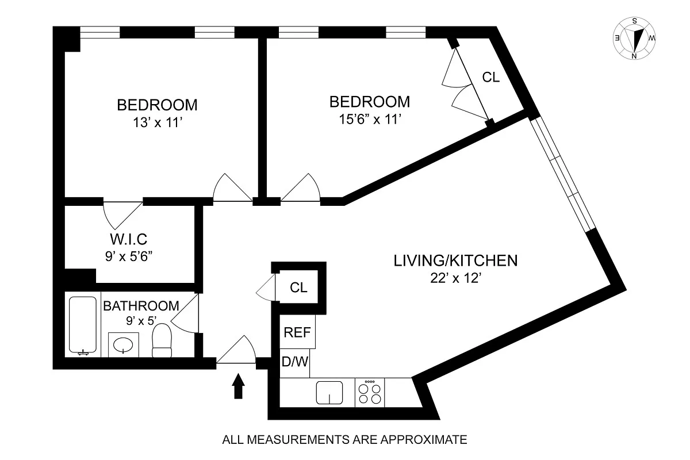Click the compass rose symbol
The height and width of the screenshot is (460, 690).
click(635, 39)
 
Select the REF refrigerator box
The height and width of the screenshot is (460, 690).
click(297, 332)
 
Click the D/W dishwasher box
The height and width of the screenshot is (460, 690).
click(295, 363)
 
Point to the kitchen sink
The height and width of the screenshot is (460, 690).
click(329, 393)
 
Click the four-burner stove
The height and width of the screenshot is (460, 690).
click(370, 393)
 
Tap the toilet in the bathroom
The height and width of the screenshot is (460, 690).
click(162, 341)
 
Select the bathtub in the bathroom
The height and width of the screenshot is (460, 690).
click(82, 325)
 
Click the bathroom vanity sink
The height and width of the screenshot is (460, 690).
click(124, 344)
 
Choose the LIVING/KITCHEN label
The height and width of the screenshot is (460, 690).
click(455, 260)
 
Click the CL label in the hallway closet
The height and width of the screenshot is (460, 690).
click(299, 287)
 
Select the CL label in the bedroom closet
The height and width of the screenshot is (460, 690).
click(490, 77)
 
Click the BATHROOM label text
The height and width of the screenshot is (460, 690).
click(141, 306)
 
